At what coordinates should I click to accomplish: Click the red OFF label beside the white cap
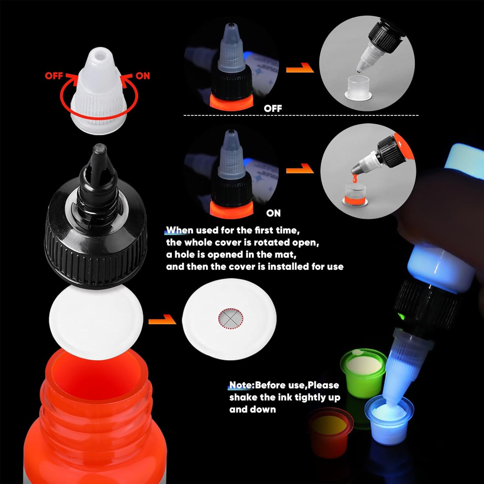(54, 76)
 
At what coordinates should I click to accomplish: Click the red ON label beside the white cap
(143, 76)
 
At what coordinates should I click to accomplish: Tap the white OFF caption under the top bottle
(273, 108)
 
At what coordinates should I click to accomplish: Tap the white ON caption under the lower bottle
(273, 213)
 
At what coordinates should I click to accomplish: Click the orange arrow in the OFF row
(300, 68)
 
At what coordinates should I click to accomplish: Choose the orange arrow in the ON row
(300, 168)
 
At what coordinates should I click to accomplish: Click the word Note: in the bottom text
(242, 385)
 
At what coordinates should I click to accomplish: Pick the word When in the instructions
(179, 230)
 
